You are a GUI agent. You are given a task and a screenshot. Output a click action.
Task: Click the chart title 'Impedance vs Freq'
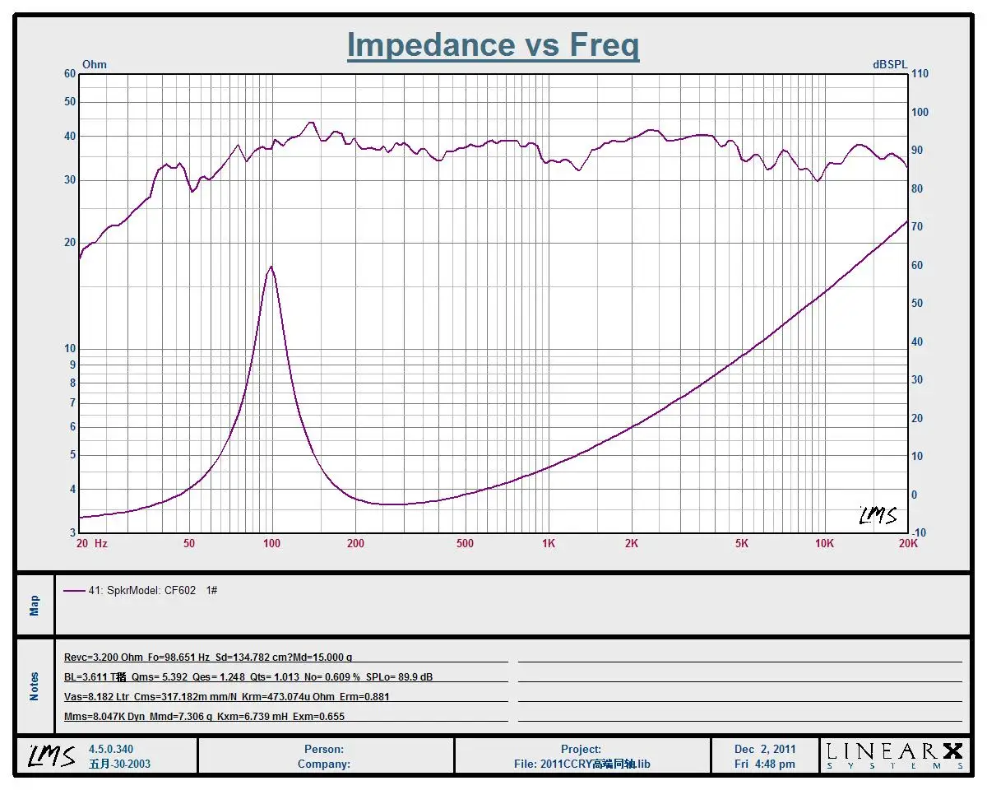493,44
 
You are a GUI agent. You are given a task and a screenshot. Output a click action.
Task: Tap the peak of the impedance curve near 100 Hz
271,267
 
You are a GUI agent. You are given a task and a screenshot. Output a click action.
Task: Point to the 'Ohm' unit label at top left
95,64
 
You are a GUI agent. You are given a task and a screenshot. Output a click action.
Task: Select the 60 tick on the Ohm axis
70,74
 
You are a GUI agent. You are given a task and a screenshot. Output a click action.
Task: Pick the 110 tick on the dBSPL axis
920,74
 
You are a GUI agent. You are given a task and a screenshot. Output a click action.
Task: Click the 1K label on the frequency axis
549,544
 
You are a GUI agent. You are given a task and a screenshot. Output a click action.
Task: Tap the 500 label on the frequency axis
465,544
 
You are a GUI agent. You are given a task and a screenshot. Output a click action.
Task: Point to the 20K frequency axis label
907,544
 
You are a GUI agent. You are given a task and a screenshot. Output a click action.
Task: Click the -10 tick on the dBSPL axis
919,533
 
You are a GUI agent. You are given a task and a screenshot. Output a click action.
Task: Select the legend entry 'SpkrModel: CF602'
141,591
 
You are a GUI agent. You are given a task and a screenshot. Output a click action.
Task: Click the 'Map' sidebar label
35,606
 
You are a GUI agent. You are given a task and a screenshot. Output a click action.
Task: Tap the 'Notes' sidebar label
35,686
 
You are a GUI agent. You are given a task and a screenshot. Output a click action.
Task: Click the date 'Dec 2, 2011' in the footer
765,750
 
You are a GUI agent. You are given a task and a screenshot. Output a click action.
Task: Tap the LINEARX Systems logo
894,755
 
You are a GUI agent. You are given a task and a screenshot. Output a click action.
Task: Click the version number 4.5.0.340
111,750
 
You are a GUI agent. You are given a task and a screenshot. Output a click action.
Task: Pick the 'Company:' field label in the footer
324,764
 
